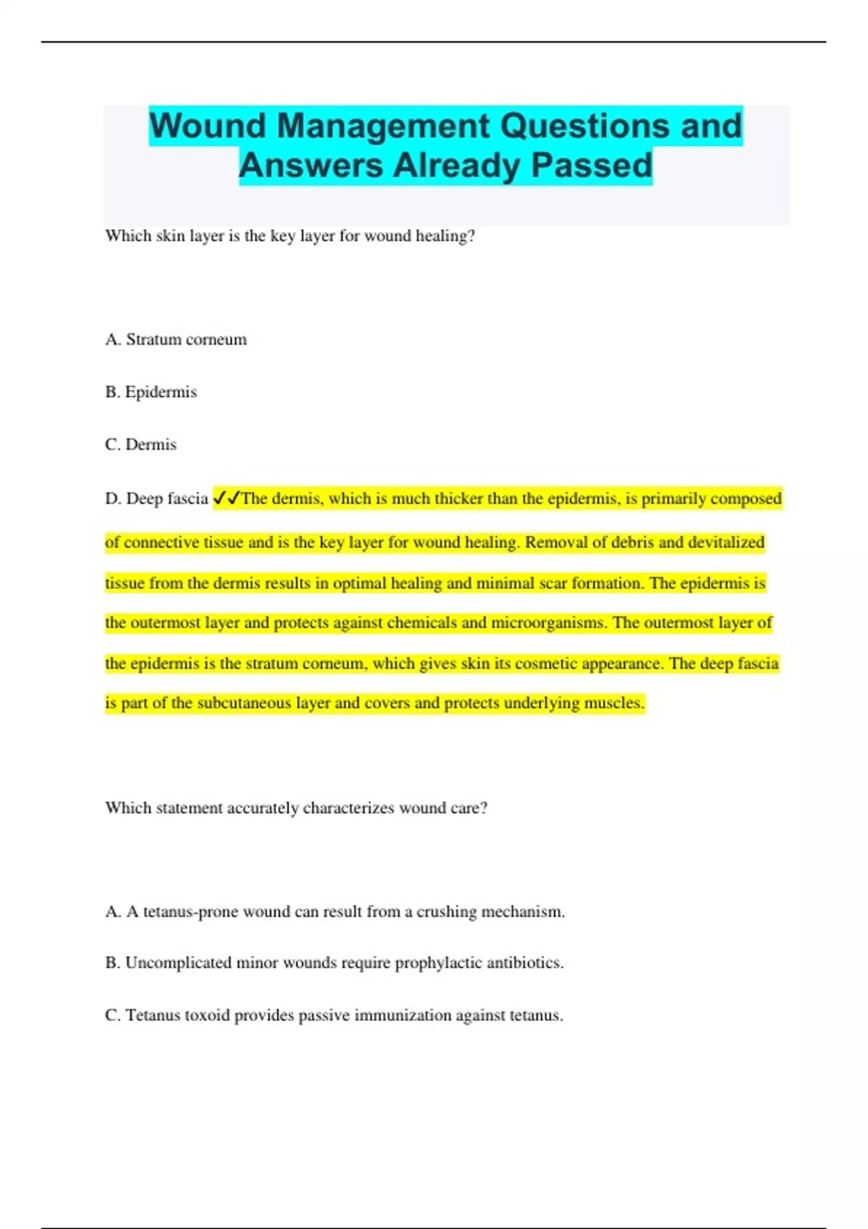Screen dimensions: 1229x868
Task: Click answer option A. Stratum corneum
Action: pos(176,340)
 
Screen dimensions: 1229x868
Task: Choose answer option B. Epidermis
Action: pos(150,392)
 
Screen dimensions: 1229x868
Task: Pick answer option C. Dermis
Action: pos(140,445)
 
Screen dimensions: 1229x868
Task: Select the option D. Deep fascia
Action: pos(156,499)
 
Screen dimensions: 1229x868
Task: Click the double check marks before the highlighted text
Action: pos(226,498)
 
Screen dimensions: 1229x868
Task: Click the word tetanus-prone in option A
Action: pos(190,912)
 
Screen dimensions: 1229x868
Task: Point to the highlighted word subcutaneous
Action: pos(244,703)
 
